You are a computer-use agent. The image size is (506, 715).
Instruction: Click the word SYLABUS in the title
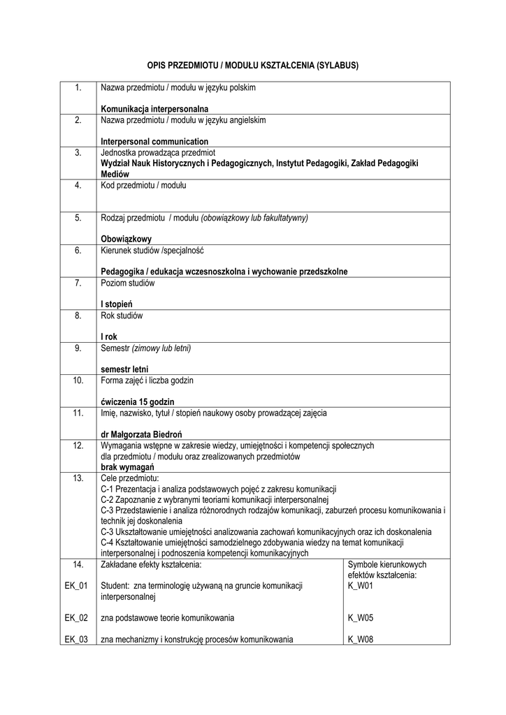(x=338, y=66)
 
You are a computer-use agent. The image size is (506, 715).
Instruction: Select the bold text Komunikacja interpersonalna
(x=155, y=109)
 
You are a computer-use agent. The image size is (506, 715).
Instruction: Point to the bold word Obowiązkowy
(x=127, y=239)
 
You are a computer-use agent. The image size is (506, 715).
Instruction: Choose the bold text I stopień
(x=117, y=304)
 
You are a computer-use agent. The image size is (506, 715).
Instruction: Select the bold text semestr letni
(x=124, y=369)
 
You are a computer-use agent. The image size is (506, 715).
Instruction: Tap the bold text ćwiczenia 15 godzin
(x=138, y=401)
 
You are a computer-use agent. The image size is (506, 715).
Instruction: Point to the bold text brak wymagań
(x=128, y=466)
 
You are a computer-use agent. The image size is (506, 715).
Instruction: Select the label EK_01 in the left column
(x=76, y=586)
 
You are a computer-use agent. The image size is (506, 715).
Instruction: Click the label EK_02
(x=76, y=618)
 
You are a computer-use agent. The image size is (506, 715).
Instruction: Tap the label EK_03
(x=76, y=639)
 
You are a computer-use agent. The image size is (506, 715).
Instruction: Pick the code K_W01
(x=361, y=586)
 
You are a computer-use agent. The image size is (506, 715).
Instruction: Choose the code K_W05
(x=361, y=618)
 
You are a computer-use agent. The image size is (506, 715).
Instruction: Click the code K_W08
(x=361, y=639)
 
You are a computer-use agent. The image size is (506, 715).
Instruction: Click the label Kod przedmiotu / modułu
(x=143, y=185)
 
